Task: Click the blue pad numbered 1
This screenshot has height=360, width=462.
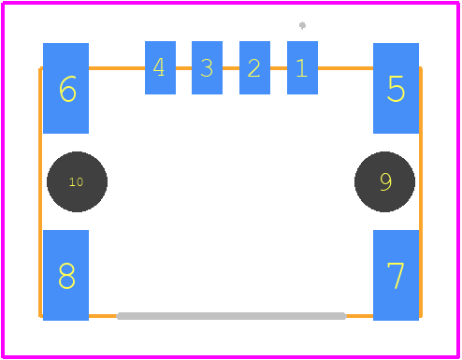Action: tap(302, 67)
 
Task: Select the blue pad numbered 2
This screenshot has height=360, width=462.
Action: tap(254, 67)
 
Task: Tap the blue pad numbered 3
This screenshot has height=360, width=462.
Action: tap(207, 67)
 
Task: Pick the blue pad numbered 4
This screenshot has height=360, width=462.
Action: tap(160, 67)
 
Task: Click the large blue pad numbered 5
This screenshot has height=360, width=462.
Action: tap(396, 88)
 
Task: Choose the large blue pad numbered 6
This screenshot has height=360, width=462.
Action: tap(65, 88)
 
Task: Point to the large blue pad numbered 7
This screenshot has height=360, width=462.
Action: tap(396, 275)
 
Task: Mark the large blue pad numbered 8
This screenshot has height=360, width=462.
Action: tap(65, 275)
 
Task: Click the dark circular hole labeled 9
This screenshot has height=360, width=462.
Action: tap(384, 181)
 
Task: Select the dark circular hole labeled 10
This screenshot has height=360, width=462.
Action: tap(77, 181)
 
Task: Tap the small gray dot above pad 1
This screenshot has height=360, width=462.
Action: tap(302, 25)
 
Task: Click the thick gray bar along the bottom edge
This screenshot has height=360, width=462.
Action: tap(231, 316)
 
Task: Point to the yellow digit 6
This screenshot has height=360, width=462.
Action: tap(67, 89)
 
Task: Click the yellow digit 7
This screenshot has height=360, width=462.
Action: tap(396, 276)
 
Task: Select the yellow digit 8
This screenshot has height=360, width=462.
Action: tap(66, 276)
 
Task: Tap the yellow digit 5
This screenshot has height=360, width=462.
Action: tap(396, 89)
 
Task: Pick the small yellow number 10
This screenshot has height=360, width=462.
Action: tap(76, 182)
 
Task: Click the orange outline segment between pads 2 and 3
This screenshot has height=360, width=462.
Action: tap(231, 68)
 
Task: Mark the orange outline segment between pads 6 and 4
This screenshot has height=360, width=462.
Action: tap(117, 68)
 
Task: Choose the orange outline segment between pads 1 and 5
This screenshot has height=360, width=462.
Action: tap(345, 68)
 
